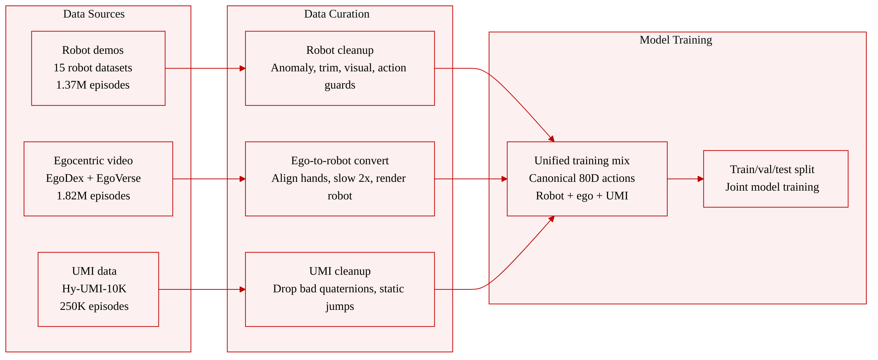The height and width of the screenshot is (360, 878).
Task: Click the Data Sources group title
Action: click(94, 14)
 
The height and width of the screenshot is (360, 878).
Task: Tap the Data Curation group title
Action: click(337, 14)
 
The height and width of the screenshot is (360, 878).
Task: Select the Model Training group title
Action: click(676, 40)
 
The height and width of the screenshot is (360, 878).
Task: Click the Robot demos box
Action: click(98, 68)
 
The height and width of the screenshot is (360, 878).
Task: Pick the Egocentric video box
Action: click(98, 179)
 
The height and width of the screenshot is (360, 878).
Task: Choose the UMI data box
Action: click(98, 289)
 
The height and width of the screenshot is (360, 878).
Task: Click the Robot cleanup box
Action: click(340, 68)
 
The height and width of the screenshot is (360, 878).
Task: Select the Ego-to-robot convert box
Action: click(340, 179)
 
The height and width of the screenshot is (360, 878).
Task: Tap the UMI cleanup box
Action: click(340, 289)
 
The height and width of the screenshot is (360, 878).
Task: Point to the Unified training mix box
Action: click(587, 179)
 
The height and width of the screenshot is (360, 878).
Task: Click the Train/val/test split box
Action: click(776, 179)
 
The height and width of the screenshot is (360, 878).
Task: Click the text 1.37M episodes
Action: click(93, 85)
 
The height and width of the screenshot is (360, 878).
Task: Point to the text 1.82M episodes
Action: click(93, 196)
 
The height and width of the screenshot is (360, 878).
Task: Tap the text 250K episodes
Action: click(94, 306)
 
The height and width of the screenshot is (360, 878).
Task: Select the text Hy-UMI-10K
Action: click(94, 289)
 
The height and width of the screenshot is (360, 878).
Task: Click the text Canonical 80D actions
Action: click(582, 178)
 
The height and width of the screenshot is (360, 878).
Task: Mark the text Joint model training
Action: click(772, 187)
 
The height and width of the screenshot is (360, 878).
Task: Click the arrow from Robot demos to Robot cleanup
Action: click(205, 68)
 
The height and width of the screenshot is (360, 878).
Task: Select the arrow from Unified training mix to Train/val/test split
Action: click(686, 179)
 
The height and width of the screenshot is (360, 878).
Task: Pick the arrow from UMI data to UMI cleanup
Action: click(202, 289)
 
